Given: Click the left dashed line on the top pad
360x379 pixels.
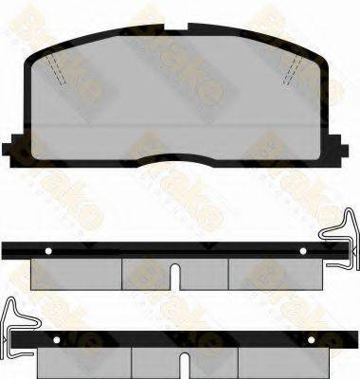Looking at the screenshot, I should (x=59, y=67).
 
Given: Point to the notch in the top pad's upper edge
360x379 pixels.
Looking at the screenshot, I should (x=180, y=28).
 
